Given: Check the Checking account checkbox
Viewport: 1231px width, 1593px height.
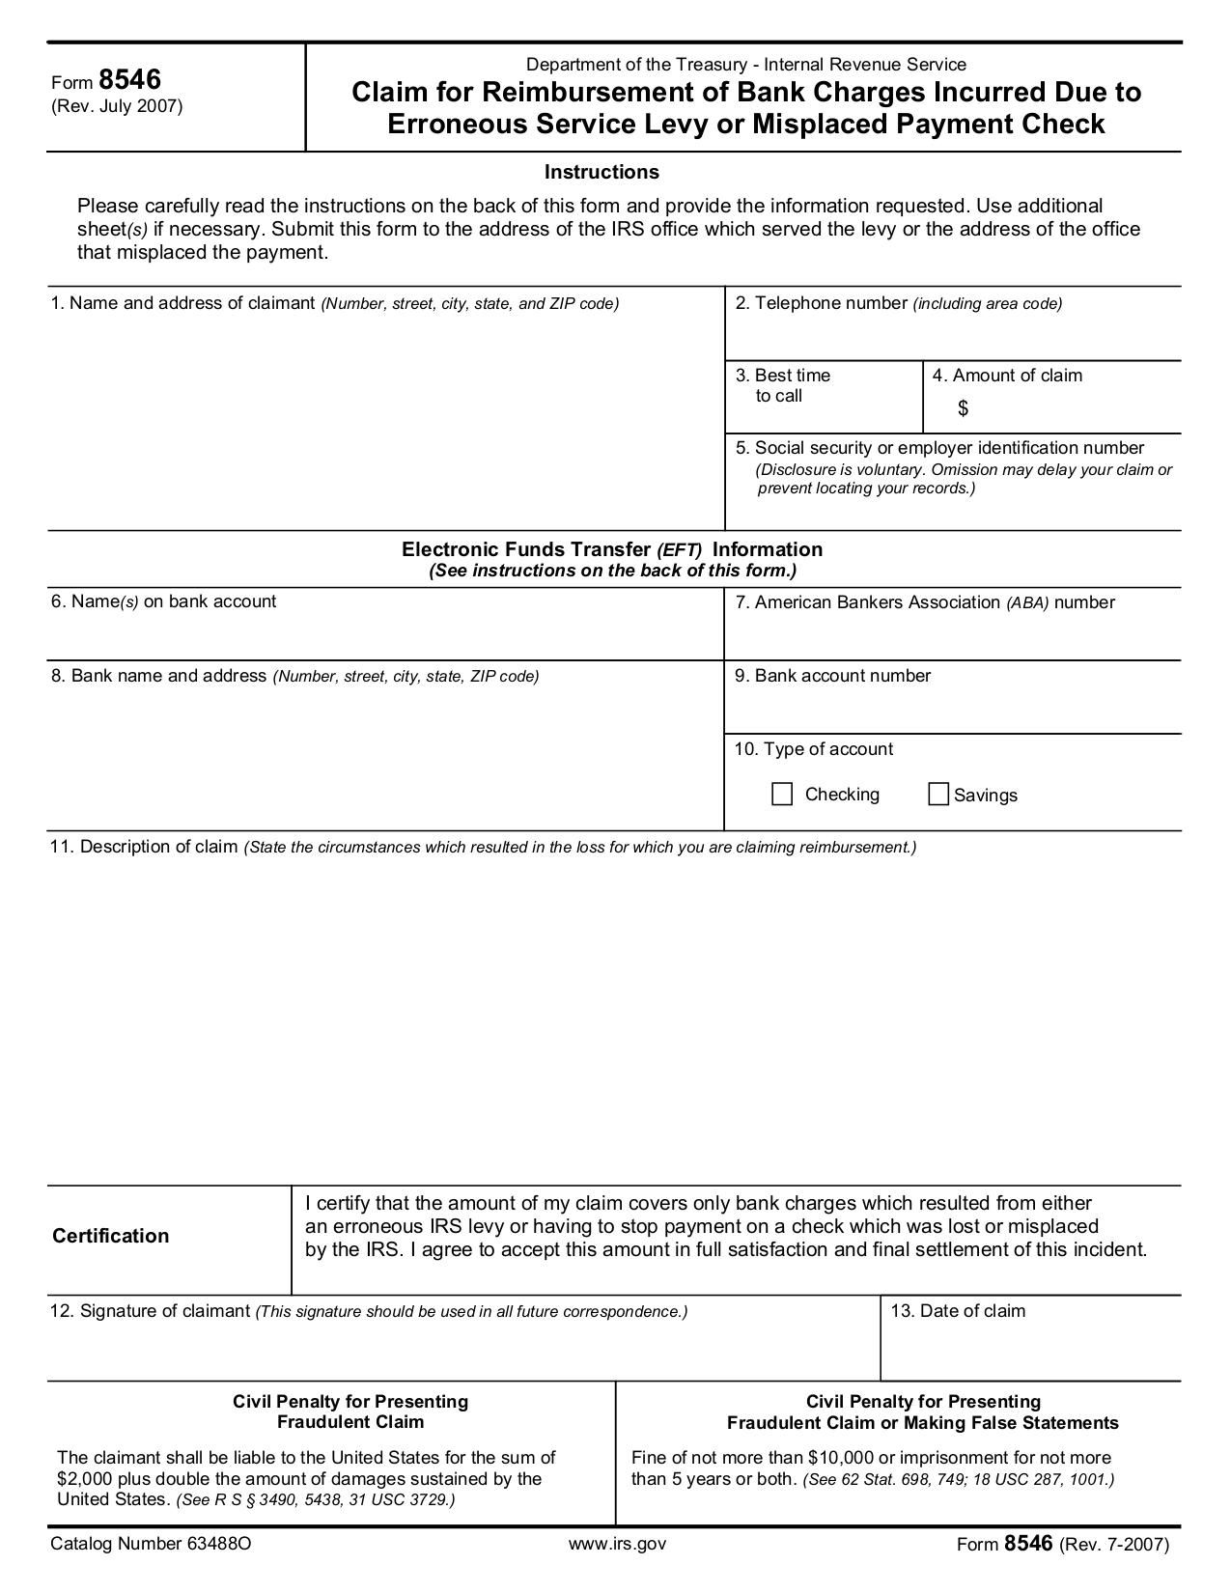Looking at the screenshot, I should (x=782, y=795).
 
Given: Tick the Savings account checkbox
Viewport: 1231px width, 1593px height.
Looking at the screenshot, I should (x=937, y=795).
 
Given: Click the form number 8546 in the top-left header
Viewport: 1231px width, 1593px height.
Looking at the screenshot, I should (x=129, y=80).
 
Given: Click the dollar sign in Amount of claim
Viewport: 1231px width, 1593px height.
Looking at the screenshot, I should (x=963, y=408).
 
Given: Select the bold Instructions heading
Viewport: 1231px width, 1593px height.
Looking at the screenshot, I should (x=602, y=172).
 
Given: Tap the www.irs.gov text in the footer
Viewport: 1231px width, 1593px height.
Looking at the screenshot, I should (x=617, y=1543).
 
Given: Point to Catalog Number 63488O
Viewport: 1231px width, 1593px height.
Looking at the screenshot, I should (x=151, y=1543).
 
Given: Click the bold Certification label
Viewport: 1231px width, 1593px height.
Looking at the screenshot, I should (x=110, y=1236).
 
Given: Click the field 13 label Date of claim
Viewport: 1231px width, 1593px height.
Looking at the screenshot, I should (x=958, y=1311).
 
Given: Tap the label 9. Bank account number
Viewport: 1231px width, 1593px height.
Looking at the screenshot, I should (x=832, y=676).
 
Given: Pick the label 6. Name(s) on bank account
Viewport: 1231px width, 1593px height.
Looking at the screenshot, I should (x=163, y=601).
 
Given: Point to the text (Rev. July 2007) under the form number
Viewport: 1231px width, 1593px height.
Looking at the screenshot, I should (x=117, y=106).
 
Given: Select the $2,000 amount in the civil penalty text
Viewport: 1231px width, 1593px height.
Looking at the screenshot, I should (x=81, y=1479).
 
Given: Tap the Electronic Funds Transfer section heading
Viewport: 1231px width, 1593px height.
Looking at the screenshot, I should (x=612, y=549).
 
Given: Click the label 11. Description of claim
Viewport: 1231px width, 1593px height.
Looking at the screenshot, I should (x=144, y=847).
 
